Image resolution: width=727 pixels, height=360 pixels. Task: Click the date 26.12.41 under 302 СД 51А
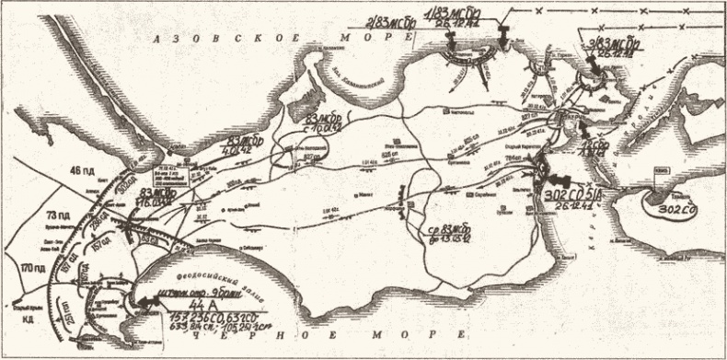pos(592,207)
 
